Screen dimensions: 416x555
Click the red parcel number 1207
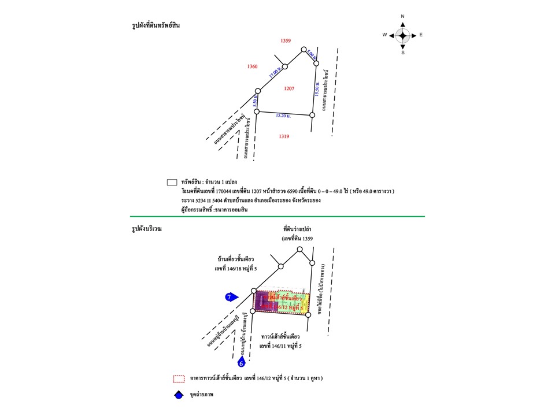[290, 88]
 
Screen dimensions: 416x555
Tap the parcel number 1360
[252, 67]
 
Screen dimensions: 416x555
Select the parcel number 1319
[283, 136]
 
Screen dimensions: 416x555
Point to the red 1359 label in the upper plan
[285, 40]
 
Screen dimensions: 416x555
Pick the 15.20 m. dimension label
[283, 116]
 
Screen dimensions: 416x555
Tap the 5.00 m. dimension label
[310, 55]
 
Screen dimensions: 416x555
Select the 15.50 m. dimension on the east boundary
[317, 89]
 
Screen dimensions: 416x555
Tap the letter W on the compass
[384, 35]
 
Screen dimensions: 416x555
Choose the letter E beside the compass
[421, 35]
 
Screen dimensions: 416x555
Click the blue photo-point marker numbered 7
[231, 297]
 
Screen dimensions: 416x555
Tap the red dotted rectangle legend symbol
[179, 379]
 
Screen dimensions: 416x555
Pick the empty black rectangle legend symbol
[172, 182]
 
